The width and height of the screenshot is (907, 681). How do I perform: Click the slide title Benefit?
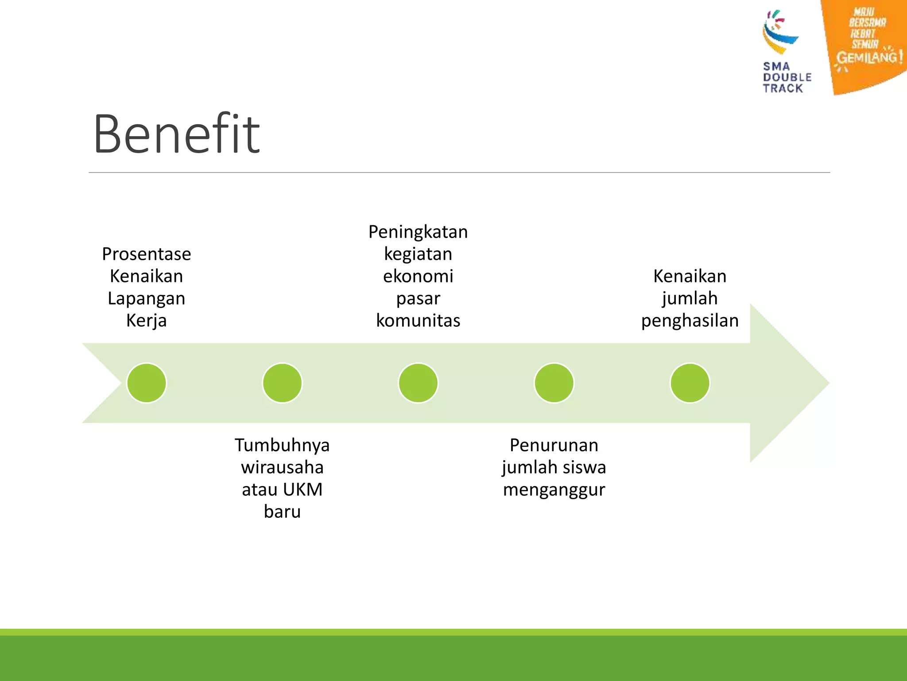176,134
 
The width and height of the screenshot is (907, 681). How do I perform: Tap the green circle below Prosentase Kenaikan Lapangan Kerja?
147,383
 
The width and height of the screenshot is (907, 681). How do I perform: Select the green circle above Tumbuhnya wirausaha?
282,383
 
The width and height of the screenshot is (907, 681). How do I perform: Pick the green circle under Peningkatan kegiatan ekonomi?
418,383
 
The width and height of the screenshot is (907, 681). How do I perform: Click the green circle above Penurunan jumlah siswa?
554,383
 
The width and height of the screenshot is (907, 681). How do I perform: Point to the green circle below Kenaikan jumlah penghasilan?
690,383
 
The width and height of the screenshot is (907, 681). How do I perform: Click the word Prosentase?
147,254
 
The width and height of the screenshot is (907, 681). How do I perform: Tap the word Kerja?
147,321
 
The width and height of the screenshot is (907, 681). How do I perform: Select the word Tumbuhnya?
282,445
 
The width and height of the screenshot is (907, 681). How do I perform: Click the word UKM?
302,489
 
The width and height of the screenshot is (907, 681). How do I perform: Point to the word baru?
282,512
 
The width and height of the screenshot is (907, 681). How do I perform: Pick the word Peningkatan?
418,232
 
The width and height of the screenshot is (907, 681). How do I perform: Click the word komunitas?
418,321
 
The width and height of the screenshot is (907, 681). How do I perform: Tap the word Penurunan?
554,445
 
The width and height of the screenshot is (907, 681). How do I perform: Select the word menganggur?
554,489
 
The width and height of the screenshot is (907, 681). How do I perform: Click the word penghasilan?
690,321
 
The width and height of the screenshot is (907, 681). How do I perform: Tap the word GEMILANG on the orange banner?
866,58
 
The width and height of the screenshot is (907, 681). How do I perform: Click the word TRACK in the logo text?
783,88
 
